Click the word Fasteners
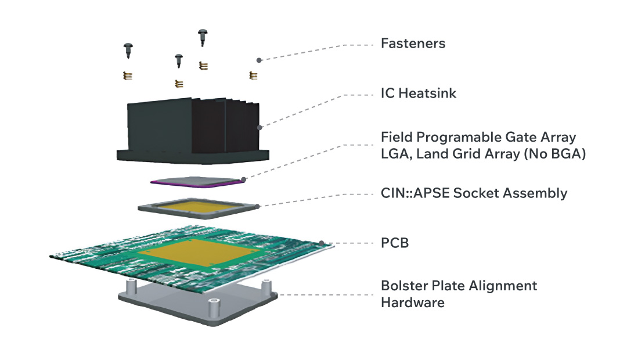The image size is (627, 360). (x=413, y=44)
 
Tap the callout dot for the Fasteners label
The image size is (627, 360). (x=259, y=59)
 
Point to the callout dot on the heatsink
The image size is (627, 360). (x=259, y=128)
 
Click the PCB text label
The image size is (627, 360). (x=395, y=243)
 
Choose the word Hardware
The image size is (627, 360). (x=412, y=303)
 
